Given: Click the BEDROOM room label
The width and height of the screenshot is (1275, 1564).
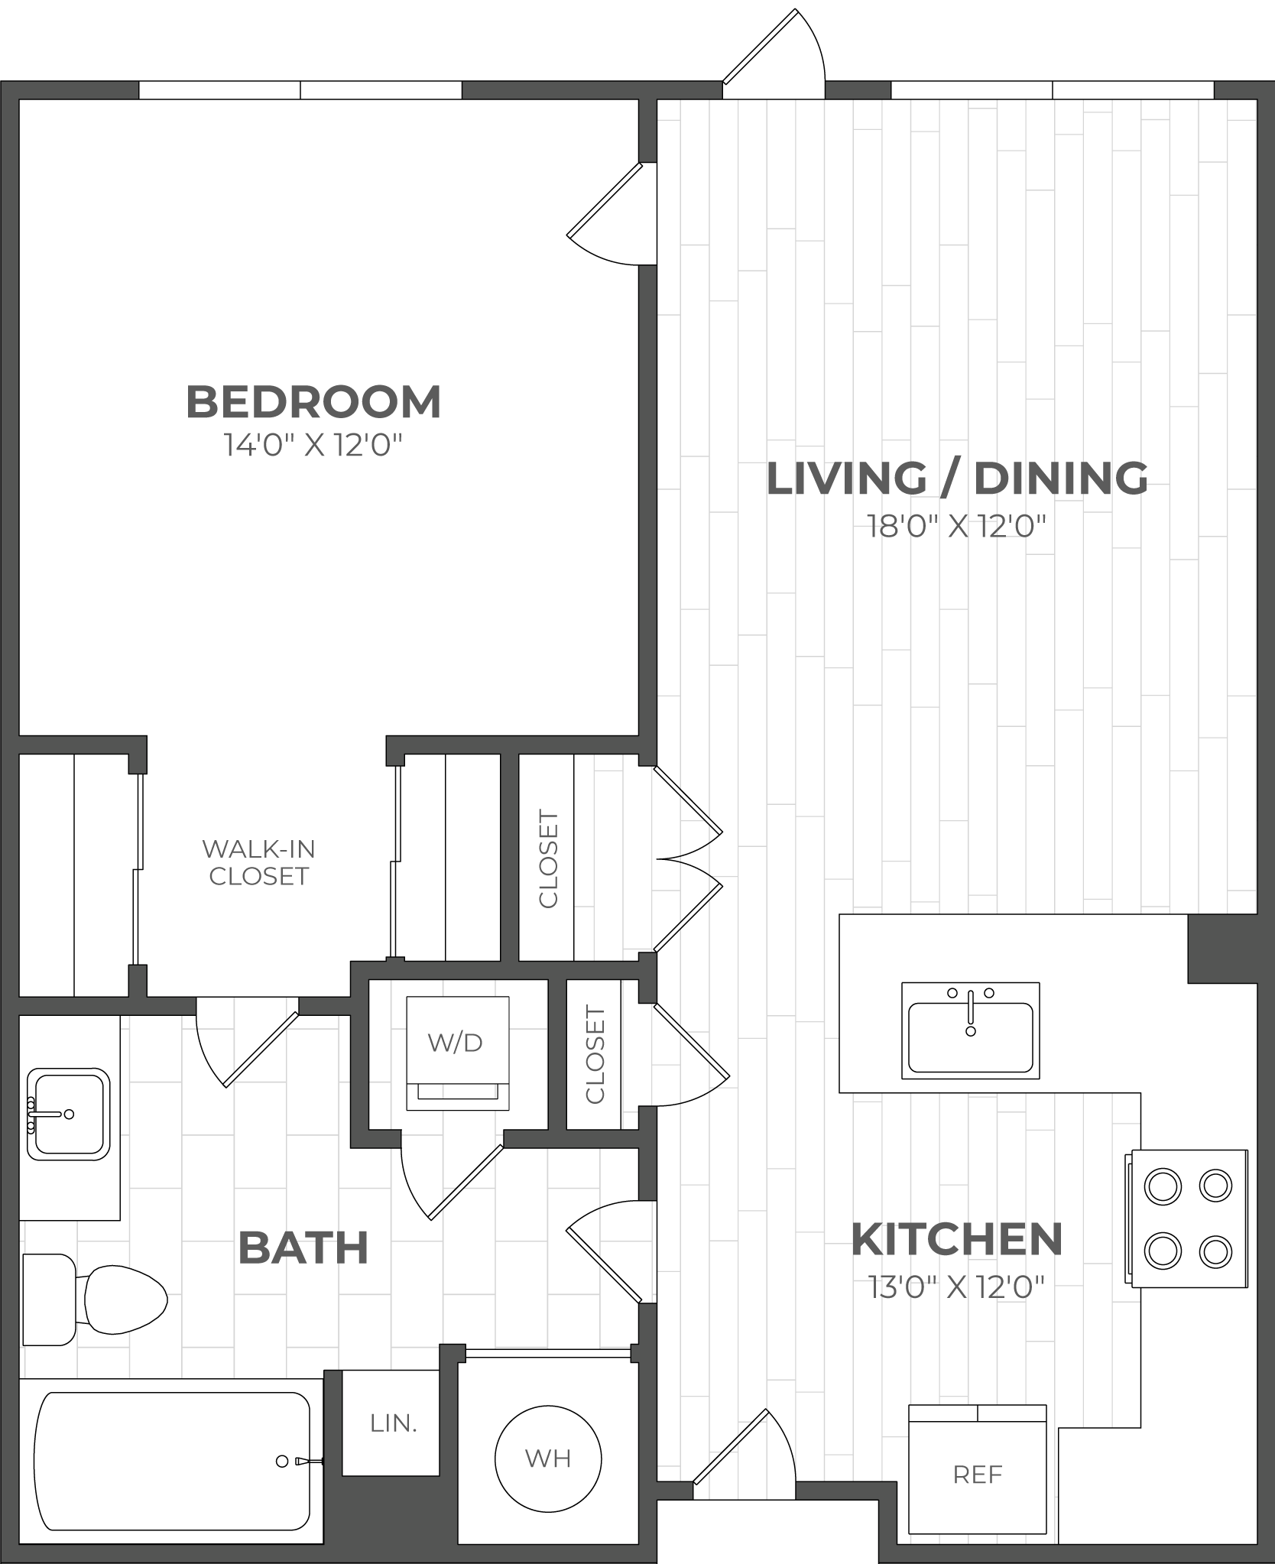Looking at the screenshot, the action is (313, 402).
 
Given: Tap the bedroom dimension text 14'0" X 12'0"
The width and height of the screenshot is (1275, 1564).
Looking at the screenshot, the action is (313, 445).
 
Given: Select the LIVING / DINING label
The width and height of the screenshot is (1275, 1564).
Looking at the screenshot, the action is (957, 479).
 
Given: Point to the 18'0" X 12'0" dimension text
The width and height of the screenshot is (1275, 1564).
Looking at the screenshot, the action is (956, 526).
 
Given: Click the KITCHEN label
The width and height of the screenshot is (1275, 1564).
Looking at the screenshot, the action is (957, 1239).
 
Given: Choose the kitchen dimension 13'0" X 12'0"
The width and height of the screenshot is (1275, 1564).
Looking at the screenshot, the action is (956, 1288).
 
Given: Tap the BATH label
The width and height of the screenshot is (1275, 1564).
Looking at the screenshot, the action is (303, 1248).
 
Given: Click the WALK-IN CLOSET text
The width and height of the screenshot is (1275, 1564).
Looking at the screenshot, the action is (258, 862).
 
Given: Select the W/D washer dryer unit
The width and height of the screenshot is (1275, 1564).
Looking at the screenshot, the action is (457, 1053).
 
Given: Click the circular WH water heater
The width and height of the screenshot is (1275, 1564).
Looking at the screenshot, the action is (548, 1459).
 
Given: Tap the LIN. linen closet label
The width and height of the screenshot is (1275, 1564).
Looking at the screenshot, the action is (393, 1423).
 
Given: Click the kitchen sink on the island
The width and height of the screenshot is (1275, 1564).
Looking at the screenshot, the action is (971, 1030).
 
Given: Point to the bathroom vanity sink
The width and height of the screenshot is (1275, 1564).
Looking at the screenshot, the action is (68, 1113).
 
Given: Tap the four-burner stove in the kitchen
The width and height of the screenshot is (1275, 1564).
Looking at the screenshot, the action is (1186, 1218).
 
